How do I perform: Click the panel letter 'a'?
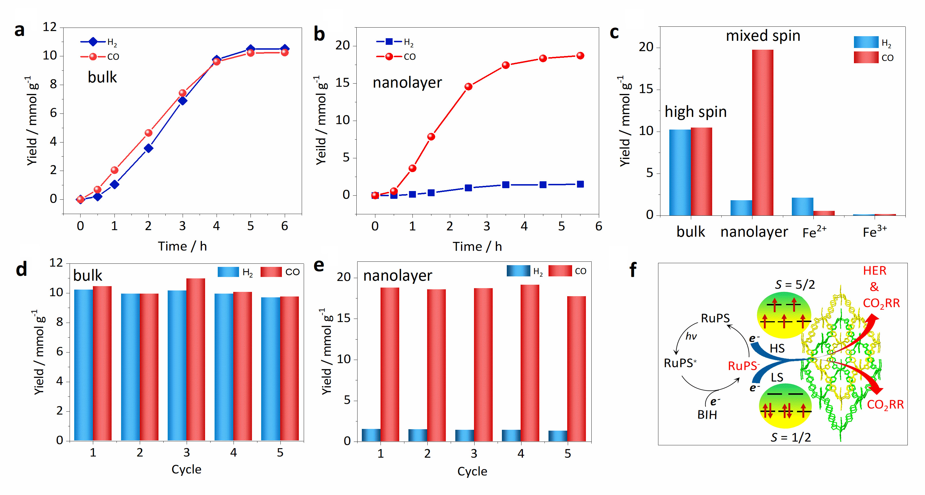click(19, 30)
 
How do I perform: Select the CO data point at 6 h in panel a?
click(284, 52)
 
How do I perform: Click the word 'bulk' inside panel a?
click(102, 77)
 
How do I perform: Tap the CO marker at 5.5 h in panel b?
click(580, 56)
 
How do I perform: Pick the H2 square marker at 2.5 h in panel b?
click(468, 188)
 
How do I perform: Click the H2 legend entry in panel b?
click(395, 42)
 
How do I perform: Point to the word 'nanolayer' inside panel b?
click(407, 82)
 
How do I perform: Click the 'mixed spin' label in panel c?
click(763, 36)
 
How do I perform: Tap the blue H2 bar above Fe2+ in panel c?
click(802, 207)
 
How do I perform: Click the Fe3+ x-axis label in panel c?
click(874, 232)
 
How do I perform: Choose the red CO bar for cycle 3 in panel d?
click(196, 359)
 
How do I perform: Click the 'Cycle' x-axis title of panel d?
click(186, 469)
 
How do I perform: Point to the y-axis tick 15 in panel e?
click(344, 318)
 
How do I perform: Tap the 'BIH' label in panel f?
click(707, 415)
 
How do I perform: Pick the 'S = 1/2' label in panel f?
click(791, 437)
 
